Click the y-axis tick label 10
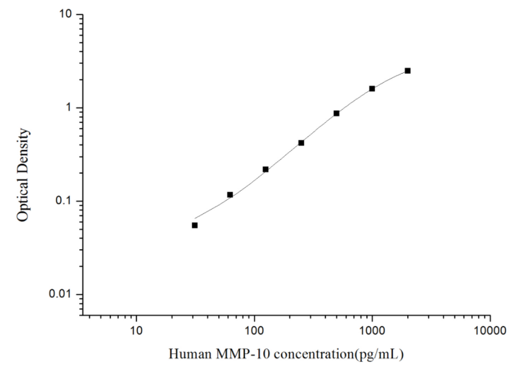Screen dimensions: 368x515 66,14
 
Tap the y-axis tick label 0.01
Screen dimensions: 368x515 62,295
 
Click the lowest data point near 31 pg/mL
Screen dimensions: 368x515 194,225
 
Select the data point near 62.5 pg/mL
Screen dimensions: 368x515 230,194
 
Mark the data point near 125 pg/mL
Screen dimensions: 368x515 266,169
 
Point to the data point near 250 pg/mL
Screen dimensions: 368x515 301,143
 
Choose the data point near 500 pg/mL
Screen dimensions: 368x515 336,113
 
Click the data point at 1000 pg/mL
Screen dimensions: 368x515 372,88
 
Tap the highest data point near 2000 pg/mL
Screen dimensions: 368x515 408,71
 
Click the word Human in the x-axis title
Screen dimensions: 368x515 187,353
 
